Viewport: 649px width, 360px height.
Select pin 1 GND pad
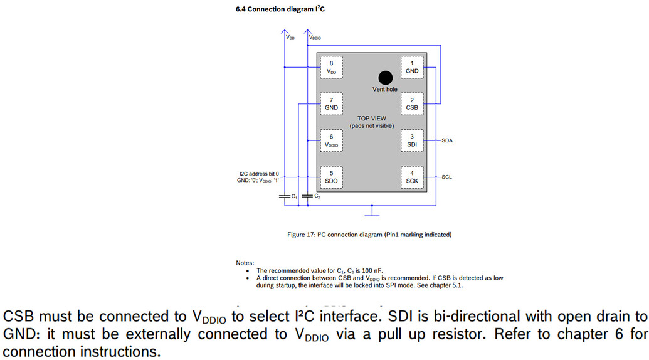point(411,67)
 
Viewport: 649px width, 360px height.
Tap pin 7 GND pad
point(331,104)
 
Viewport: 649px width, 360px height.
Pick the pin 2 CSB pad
point(411,104)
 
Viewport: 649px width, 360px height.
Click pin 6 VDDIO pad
point(331,140)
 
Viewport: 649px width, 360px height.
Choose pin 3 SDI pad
point(411,140)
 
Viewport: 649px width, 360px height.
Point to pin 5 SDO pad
point(331,177)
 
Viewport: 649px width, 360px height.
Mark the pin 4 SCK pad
point(411,177)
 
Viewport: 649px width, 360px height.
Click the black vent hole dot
point(385,77)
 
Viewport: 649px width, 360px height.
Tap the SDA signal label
point(447,140)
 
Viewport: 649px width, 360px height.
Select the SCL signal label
point(446,177)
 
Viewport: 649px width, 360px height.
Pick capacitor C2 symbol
point(307,197)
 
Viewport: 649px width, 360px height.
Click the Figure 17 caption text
point(369,235)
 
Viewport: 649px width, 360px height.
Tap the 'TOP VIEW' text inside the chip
point(372,118)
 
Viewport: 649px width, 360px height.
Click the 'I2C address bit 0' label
point(259,174)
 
